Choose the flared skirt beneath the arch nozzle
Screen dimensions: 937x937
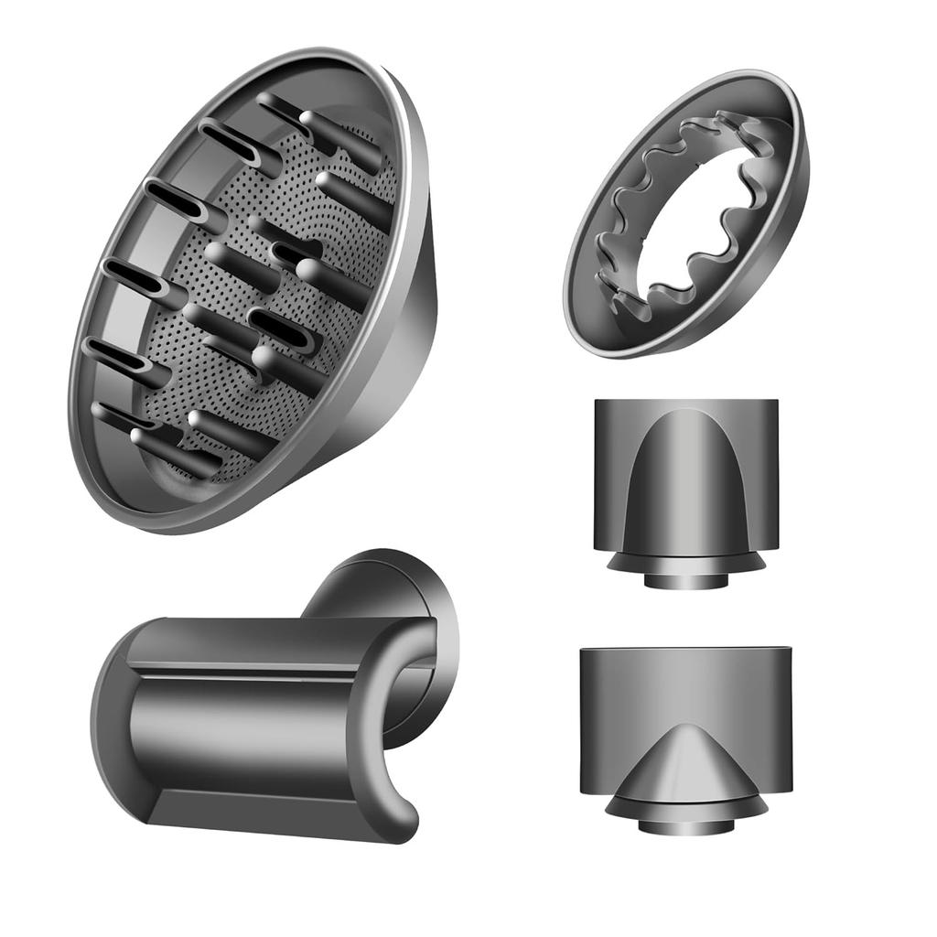686,560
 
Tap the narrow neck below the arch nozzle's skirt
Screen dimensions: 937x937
686,580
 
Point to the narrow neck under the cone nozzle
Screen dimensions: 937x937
686,825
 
